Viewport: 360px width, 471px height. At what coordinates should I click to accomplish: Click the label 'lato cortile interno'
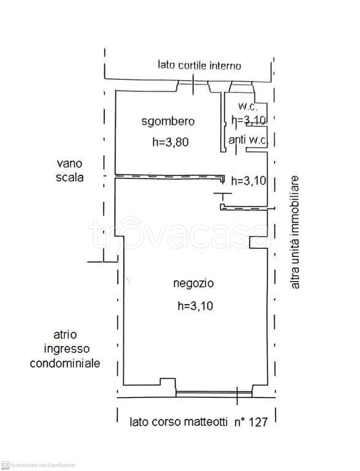[x=199, y=65]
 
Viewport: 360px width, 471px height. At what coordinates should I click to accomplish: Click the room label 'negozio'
[x=193, y=283]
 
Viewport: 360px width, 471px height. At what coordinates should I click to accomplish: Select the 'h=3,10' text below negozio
[x=194, y=305]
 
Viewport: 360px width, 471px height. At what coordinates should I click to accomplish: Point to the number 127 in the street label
[x=260, y=422]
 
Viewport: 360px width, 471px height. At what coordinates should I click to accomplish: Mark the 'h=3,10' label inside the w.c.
[x=248, y=120]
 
